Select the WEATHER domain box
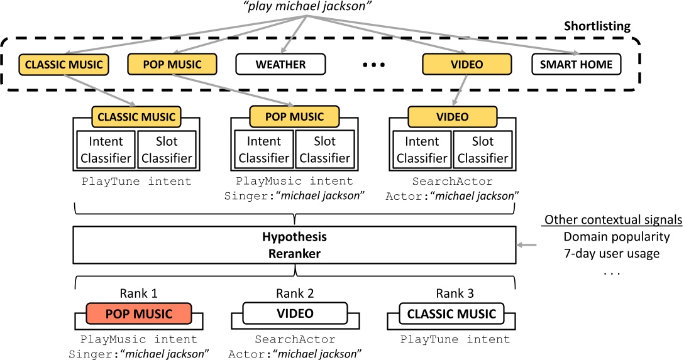[x=280, y=64]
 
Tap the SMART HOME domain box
[x=576, y=64]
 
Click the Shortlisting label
[x=597, y=26]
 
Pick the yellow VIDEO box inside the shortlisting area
[x=466, y=64]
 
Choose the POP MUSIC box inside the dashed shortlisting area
[x=172, y=64]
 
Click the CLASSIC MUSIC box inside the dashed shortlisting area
[x=63, y=64]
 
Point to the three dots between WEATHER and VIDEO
[x=373, y=65]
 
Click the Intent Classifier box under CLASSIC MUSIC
[x=106, y=150]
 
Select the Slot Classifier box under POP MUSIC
[x=324, y=150]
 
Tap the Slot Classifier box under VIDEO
[x=483, y=150]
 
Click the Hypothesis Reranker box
[x=294, y=245]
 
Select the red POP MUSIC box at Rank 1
[x=139, y=314]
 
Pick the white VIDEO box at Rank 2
[x=295, y=313]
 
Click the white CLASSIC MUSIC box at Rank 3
[x=451, y=314]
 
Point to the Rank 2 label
[x=294, y=293]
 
